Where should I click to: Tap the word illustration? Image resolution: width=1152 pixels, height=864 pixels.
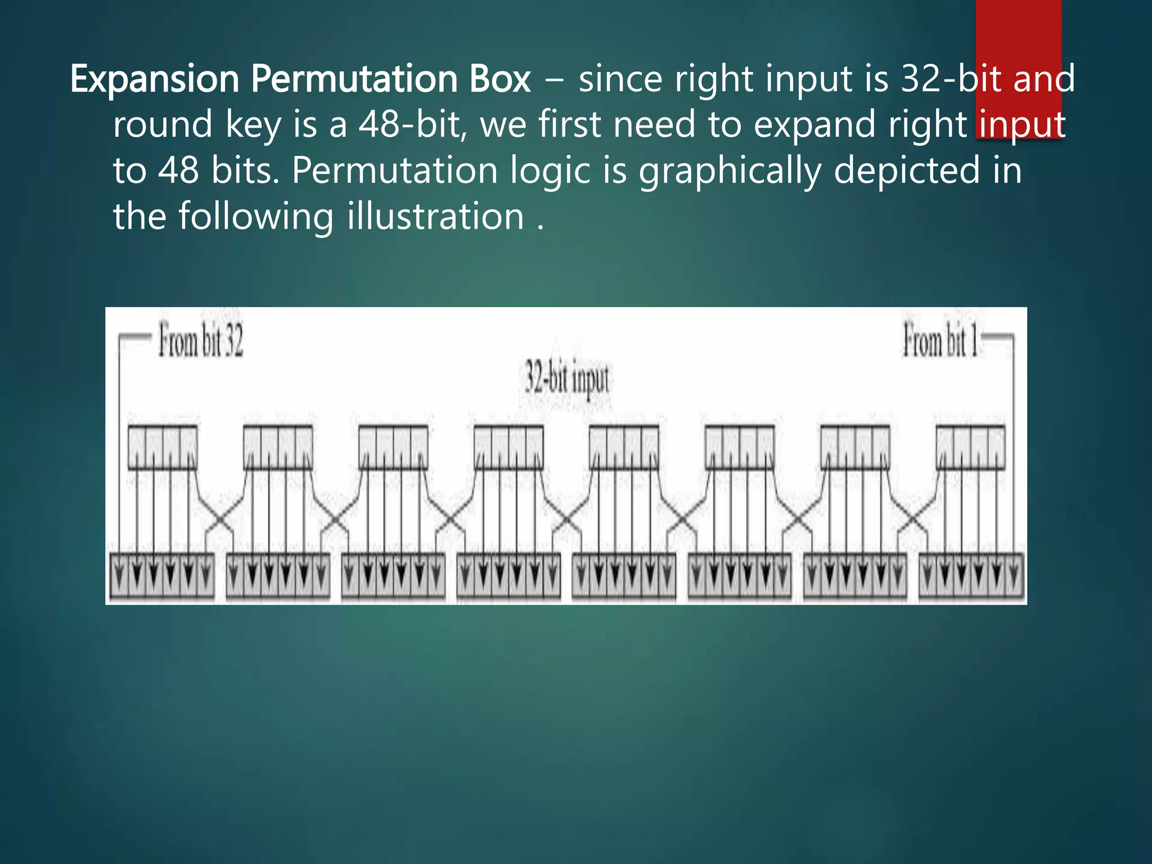pyautogui.click(x=436, y=217)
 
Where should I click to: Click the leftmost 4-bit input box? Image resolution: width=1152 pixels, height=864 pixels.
pyautogui.click(x=163, y=448)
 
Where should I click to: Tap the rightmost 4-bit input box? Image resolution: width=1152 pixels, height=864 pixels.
pyautogui.click(x=970, y=448)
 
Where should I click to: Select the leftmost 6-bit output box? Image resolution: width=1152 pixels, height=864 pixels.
pyautogui.click(x=162, y=575)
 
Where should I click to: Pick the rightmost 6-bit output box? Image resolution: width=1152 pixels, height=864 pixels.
pyautogui.click(x=971, y=575)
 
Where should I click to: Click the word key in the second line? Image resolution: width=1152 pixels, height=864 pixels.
pyautogui.click(x=252, y=125)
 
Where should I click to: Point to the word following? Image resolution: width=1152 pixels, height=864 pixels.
pyautogui.click(x=256, y=217)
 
